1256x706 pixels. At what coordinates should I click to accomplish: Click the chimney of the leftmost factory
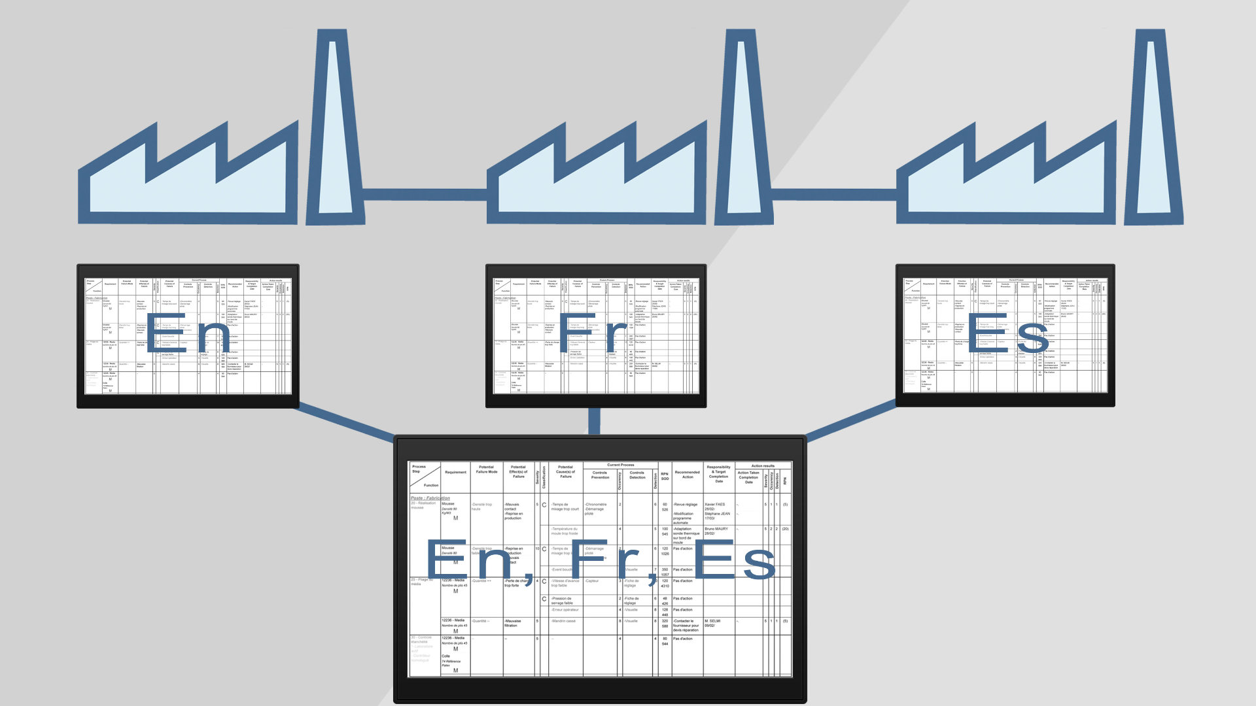click(335, 131)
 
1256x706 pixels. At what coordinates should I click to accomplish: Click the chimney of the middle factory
click(742, 131)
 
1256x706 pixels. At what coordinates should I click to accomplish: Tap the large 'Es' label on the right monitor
click(1007, 337)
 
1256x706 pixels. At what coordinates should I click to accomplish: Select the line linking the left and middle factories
click(425, 195)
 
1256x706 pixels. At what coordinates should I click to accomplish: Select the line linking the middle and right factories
click(834, 195)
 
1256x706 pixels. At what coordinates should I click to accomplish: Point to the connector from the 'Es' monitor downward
click(850, 420)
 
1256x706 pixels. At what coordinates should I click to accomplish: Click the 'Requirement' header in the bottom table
click(455, 472)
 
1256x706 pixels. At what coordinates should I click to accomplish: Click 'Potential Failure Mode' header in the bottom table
click(486, 469)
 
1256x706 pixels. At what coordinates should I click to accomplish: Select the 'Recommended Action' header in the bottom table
click(687, 474)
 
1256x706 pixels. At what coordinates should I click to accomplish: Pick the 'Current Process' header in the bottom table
click(620, 465)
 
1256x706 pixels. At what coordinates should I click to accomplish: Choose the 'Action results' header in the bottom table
click(763, 465)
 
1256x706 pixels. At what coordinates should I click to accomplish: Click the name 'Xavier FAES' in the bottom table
click(714, 504)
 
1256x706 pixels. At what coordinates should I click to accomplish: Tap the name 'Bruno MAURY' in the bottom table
click(716, 528)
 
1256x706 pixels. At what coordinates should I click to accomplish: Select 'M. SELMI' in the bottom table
click(712, 621)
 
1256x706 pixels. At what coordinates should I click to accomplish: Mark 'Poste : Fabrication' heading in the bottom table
click(430, 498)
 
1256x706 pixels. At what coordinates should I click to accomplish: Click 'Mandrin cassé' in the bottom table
click(563, 621)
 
